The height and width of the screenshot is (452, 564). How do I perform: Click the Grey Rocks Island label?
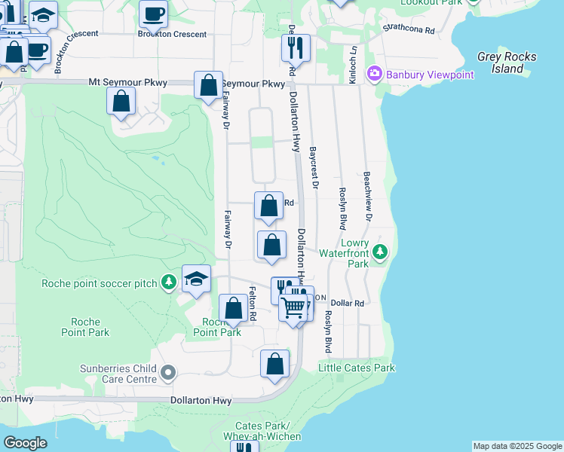pyautogui.click(x=507, y=63)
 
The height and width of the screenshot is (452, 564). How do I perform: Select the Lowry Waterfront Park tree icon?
pyautogui.click(x=381, y=252)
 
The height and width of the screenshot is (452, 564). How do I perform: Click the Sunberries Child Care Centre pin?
pyautogui.click(x=168, y=372)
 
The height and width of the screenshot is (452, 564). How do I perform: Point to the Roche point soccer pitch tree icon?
pyautogui.click(x=169, y=282)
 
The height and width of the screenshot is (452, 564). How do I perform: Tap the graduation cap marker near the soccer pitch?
pyautogui.click(x=196, y=279)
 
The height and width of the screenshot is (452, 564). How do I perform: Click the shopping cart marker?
pyautogui.click(x=293, y=307)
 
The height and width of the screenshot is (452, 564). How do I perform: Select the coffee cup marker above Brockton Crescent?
pyautogui.click(x=155, y=13)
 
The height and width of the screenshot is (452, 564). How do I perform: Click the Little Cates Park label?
pyautogui.click(x=356, y=368)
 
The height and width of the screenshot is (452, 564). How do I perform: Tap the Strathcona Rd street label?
pyautogui.click(x=409, y=30)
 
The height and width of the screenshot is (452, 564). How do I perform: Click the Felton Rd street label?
pyautogui.click(x=253, y=304)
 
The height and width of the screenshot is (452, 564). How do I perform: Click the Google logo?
pyautogui.click(x=25, y=443)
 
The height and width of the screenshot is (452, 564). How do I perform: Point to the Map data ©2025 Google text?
pyautogui.click(x=517, y=446)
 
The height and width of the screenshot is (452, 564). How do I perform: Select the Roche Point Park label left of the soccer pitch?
pyautogui.click(x=85, y=327)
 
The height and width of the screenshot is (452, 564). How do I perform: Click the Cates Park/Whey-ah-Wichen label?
pyautogui.click(x=252, y=432)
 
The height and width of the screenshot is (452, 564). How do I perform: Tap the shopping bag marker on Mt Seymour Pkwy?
pyautogui.click(x=208, y=85)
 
